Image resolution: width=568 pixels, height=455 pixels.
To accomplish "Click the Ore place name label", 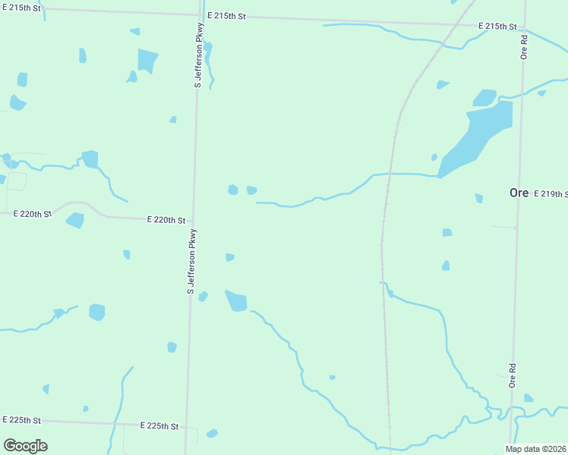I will pyautogui.click(x=519, y=193).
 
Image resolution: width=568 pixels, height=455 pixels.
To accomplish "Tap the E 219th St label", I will pyautogui.click(x=550, y=194).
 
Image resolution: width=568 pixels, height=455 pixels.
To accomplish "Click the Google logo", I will pyautogui.click(x=25, y=446).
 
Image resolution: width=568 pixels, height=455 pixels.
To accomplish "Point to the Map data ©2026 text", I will pyautogui.click(x=536, y=448).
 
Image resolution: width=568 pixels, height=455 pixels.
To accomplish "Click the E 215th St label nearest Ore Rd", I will pyautogui.click(x=497, y=27).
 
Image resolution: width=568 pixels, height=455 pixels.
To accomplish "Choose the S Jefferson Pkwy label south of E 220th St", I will pyautogui.click(x=191, y=262).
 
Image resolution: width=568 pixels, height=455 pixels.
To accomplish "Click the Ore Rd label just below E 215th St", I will pyautogui.click(x=524, y=46).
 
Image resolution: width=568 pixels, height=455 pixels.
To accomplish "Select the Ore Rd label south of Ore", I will pyautogui.click(x=513, y=376).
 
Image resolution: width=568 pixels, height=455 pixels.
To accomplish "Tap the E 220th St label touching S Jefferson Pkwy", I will pyautogui.click(x=166, y=221).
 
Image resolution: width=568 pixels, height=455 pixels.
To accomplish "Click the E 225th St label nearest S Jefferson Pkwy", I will pyautogui.click(x=159, y=427).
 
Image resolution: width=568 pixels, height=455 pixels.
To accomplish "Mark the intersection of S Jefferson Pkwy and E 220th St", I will pyautogui.click(x=193, y=221).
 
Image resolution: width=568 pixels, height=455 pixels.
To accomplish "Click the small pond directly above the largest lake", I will pyautogui.click(x=484, y=98).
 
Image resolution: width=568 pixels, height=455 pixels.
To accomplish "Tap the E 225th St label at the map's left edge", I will pyautogui.click(x=21, y=419).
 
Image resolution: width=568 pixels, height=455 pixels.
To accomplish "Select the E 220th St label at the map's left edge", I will pyautogui.click(x=26, y=214).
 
